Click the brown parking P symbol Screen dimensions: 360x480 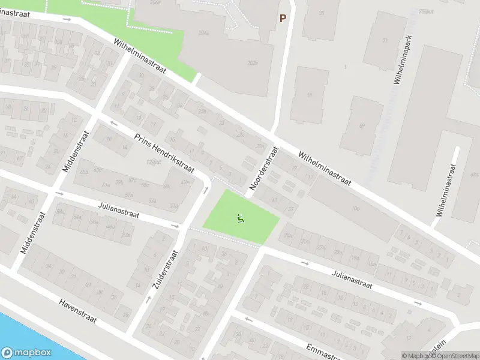282,19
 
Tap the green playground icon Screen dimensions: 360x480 241,218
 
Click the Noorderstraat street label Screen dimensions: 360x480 264,169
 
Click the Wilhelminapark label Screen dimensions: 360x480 405,63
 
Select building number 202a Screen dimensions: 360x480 252,62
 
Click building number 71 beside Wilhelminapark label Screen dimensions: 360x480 385,41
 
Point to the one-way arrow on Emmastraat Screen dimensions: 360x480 248,319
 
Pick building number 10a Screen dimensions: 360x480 356,209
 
